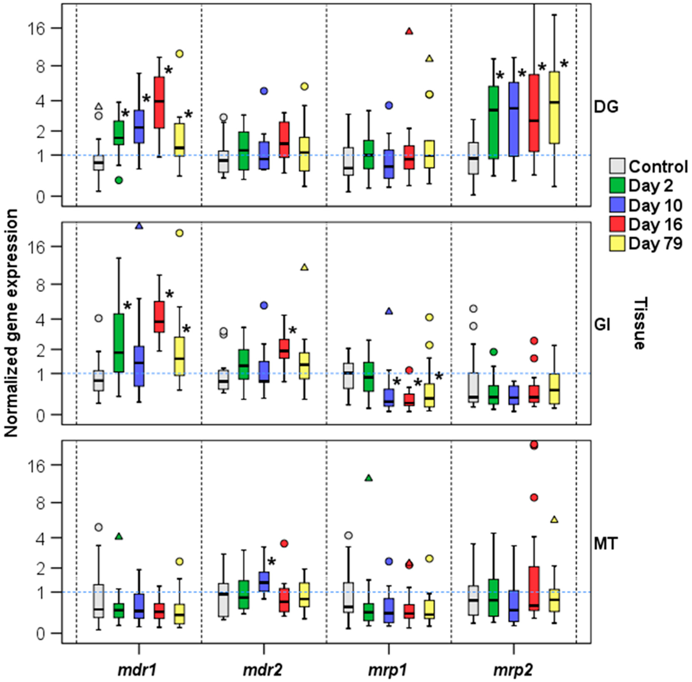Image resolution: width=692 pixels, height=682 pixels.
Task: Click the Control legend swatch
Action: [617, 166]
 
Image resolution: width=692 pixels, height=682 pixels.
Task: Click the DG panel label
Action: [606, 107]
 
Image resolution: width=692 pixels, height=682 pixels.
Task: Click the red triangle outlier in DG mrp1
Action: [409, 31]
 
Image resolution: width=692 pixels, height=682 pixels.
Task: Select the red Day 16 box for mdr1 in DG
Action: [159, 102]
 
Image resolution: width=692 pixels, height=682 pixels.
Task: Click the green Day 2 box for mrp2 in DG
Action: [494, 122]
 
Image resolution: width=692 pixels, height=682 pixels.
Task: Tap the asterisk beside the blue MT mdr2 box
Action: [272, 561]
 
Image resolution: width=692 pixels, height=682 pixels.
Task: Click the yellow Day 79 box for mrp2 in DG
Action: [554, 107]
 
